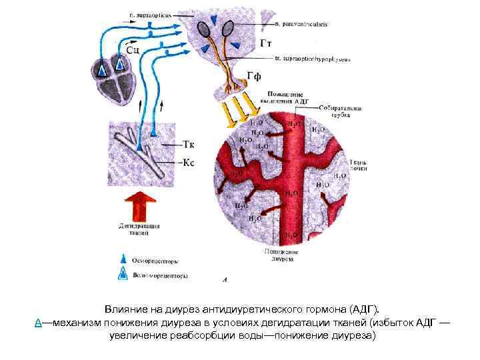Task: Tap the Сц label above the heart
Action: (x=132, y=48)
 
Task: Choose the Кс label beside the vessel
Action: (x=189, y=163)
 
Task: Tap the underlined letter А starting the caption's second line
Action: (x=39, y=323)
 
